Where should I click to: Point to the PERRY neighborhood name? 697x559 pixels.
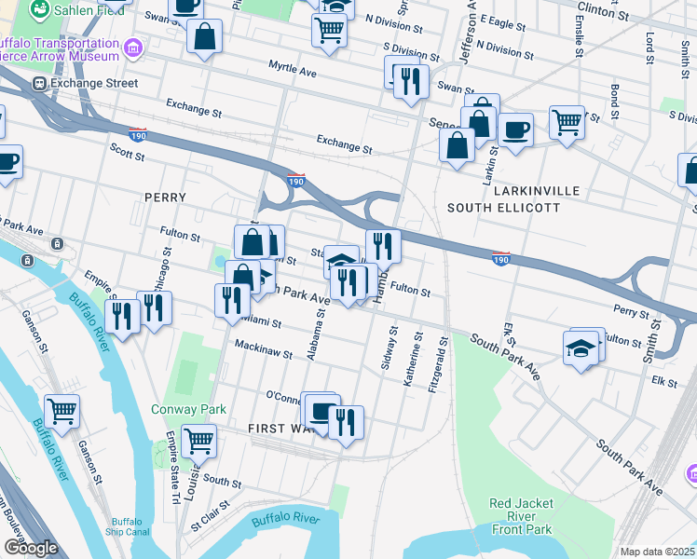[x=165, y=198]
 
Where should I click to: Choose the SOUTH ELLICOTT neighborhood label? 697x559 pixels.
[x=504, y=207]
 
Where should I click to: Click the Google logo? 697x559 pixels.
[x=31, y=548]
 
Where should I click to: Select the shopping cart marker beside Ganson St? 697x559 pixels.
[x=61, y=411]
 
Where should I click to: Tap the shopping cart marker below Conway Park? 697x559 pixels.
[x=198, y=440]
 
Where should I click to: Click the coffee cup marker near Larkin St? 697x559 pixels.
[x=515, y=130]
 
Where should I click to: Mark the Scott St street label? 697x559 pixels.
[x=127, y=152]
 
